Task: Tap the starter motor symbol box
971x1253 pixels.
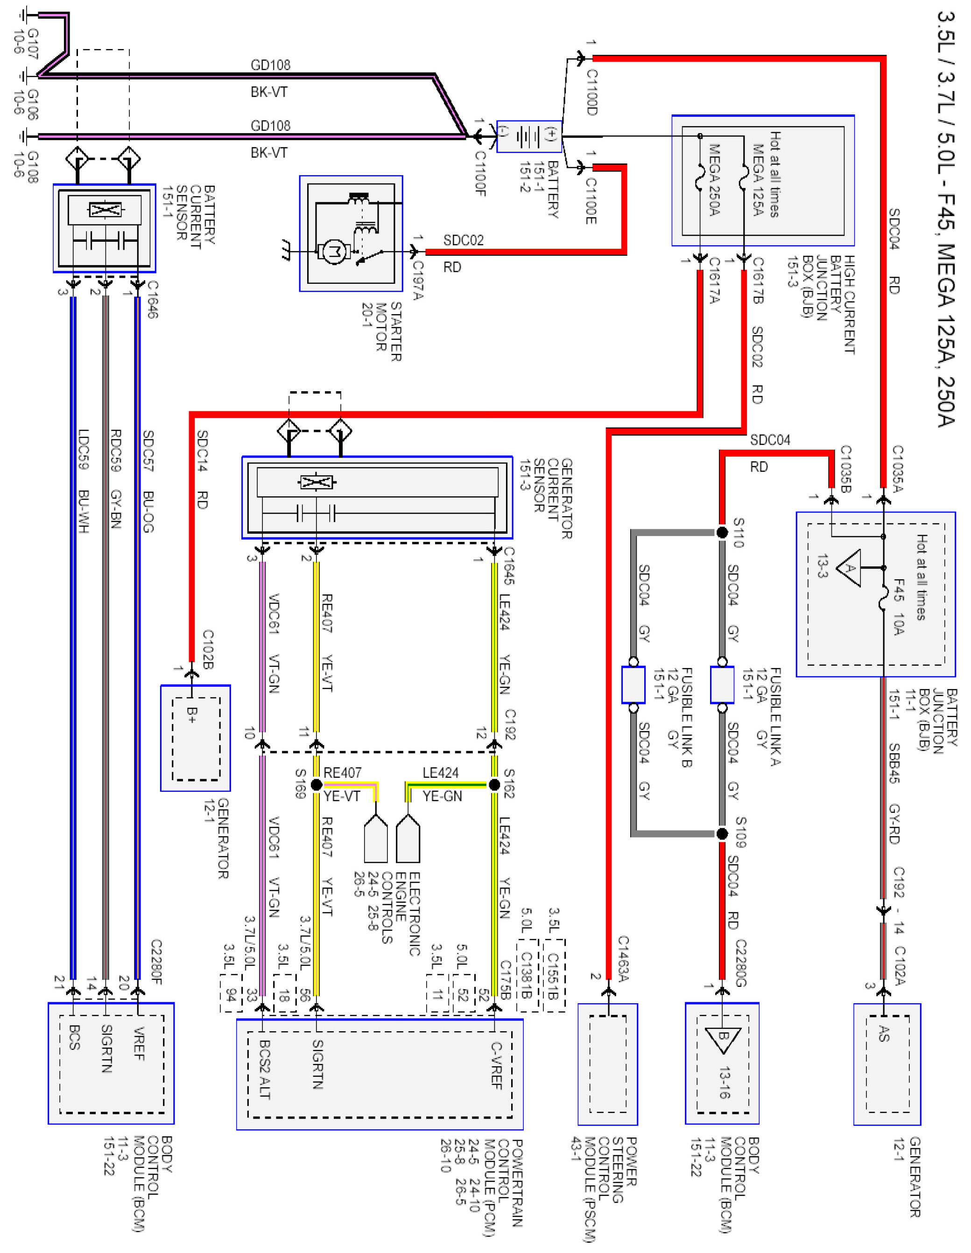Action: (x=351, y=233)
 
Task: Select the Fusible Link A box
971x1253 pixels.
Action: (x=722, y=684)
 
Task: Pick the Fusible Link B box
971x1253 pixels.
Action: (x=633, y=684)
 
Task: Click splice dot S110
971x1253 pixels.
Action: (x=722, y=532)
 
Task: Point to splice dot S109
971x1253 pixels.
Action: (x=722, y=833)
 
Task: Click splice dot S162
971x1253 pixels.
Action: (x=494, y=784)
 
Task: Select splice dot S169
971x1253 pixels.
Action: (x=316, y=784)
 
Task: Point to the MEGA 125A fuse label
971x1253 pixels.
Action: (x=758, y=180)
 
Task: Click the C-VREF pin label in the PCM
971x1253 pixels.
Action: (x=496, y=1065)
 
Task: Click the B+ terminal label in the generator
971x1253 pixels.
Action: (x=192, y=715)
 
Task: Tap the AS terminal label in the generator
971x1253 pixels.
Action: (x=884, y=1033)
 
